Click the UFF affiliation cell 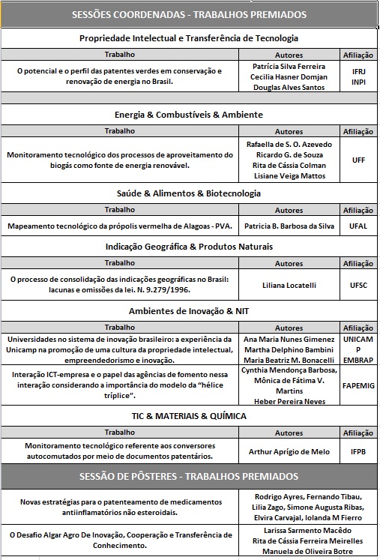point(358,160)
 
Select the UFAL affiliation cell point(358,226)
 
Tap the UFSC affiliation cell point(358,286)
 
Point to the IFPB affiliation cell point(358,451)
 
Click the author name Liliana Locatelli point(289,286)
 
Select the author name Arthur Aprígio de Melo point(289,451)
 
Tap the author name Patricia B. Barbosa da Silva point(289,226)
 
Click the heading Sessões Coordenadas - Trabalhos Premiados point(189,14)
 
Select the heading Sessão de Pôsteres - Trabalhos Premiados point(189,477)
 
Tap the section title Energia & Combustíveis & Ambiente point(189,115)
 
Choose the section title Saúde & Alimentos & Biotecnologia point(189,193)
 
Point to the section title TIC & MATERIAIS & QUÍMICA point(189,417)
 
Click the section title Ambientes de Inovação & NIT point(189,311)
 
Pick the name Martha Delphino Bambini point(289,349)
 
